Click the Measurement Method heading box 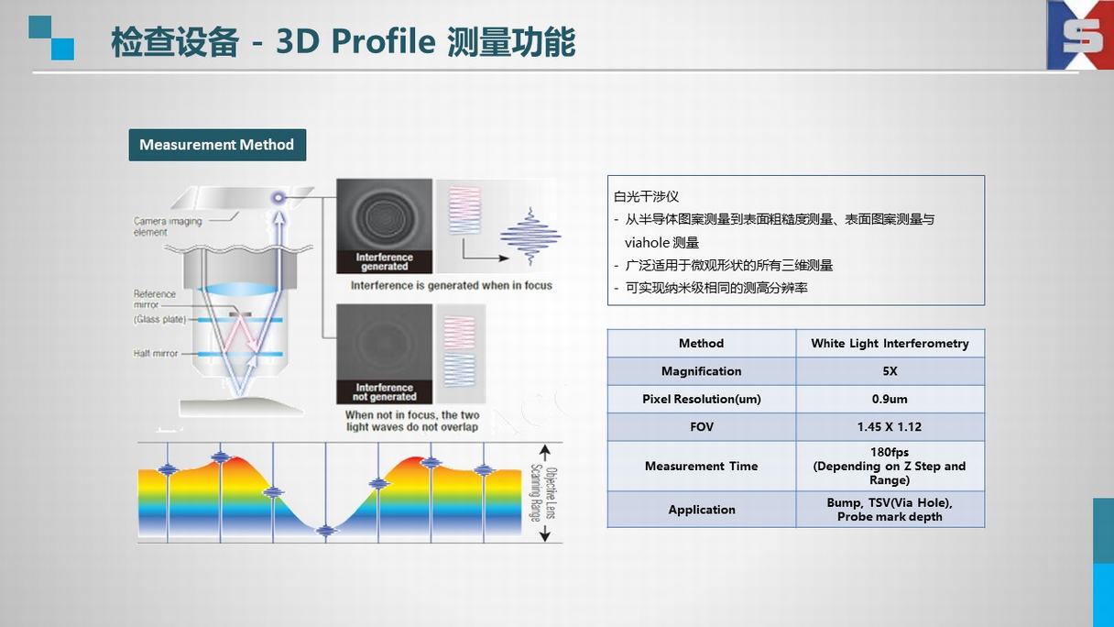click(217, 145)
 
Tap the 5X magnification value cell click(890, 371)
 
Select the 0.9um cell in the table click(890, 399)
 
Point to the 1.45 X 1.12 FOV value click(890, 427)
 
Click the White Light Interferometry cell click(890, 344)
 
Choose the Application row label click(702, 510)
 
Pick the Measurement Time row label click(702, 467)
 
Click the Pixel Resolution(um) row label click(702, 399)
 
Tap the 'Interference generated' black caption click(385, 262)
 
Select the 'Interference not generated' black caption click(385, 392)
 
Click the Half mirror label click(155, 353)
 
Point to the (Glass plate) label click(159, 320)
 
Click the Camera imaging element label click(168, 226)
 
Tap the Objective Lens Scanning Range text click(543, 493)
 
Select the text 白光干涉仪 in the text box click(646, 196)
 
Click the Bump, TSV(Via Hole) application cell click(890, 510)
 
